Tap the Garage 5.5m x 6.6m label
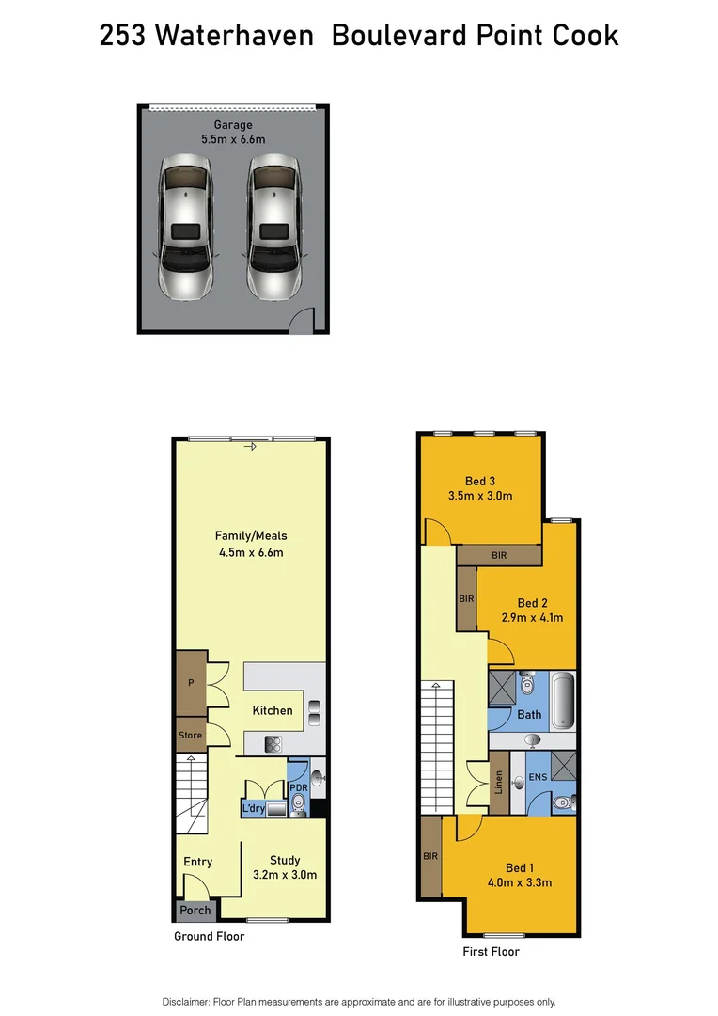coord(233,132)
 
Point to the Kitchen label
coord(273,710)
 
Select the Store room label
coord(191,736)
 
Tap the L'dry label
coord(253,808)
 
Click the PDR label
coord(299,787)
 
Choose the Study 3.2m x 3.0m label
coord(285,866)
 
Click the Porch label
coord(195,911)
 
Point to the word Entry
coord(198,862)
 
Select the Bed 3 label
coord(480,488)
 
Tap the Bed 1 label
coord(521,875)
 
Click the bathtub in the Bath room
coord(561,700)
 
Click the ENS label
coord(537,777)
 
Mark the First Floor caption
coord(491,952)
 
